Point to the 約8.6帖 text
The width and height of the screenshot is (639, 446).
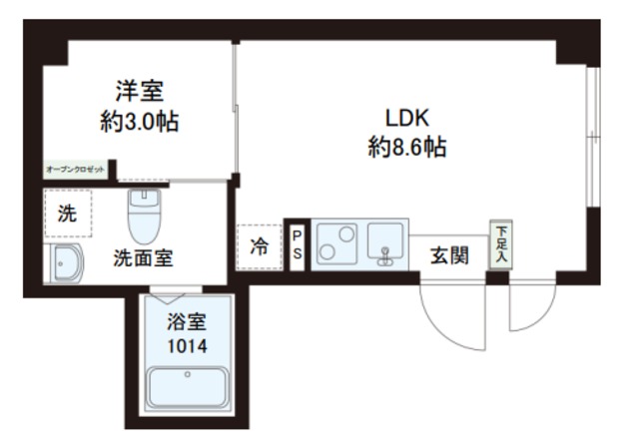(x=405, y=149)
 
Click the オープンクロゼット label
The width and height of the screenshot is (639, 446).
(x=76, y=170)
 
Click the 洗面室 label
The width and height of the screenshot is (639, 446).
(x=143, y=257)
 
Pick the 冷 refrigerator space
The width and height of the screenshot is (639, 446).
(x=259, y=246)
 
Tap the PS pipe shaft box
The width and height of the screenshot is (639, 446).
(x=297, y=244)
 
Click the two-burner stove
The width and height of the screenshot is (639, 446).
(x=337, y=243)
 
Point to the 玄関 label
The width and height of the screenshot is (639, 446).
(x=449, y=255)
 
